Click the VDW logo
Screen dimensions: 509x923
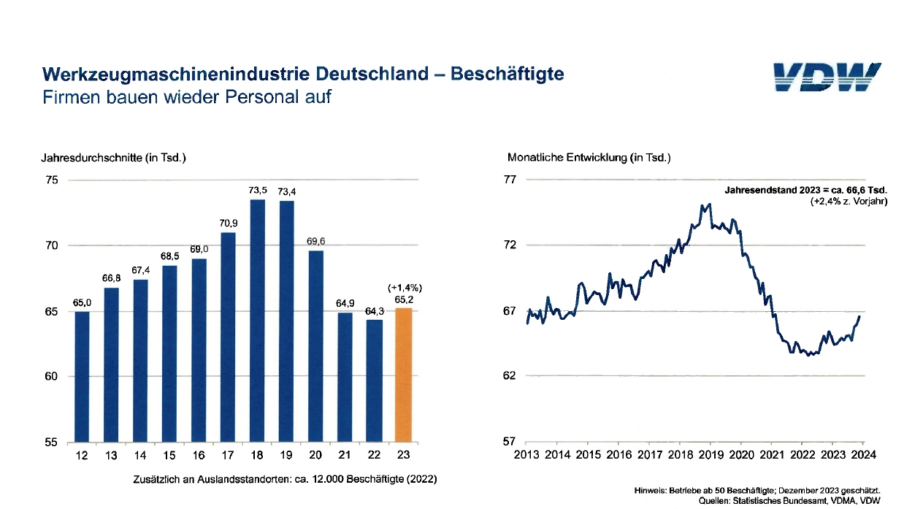827,77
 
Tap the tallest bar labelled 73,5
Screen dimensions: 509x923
257,321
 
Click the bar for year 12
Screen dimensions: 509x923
83,377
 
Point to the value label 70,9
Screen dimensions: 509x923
228,223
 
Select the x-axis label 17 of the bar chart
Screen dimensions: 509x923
228,455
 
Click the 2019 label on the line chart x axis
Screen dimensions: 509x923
710,455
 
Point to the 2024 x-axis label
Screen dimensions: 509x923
863,455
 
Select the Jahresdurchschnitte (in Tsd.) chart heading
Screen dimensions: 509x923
114,157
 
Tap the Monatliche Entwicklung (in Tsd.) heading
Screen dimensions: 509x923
589,157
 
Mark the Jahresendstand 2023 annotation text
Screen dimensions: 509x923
805,190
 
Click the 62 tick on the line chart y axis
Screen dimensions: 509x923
510,376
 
